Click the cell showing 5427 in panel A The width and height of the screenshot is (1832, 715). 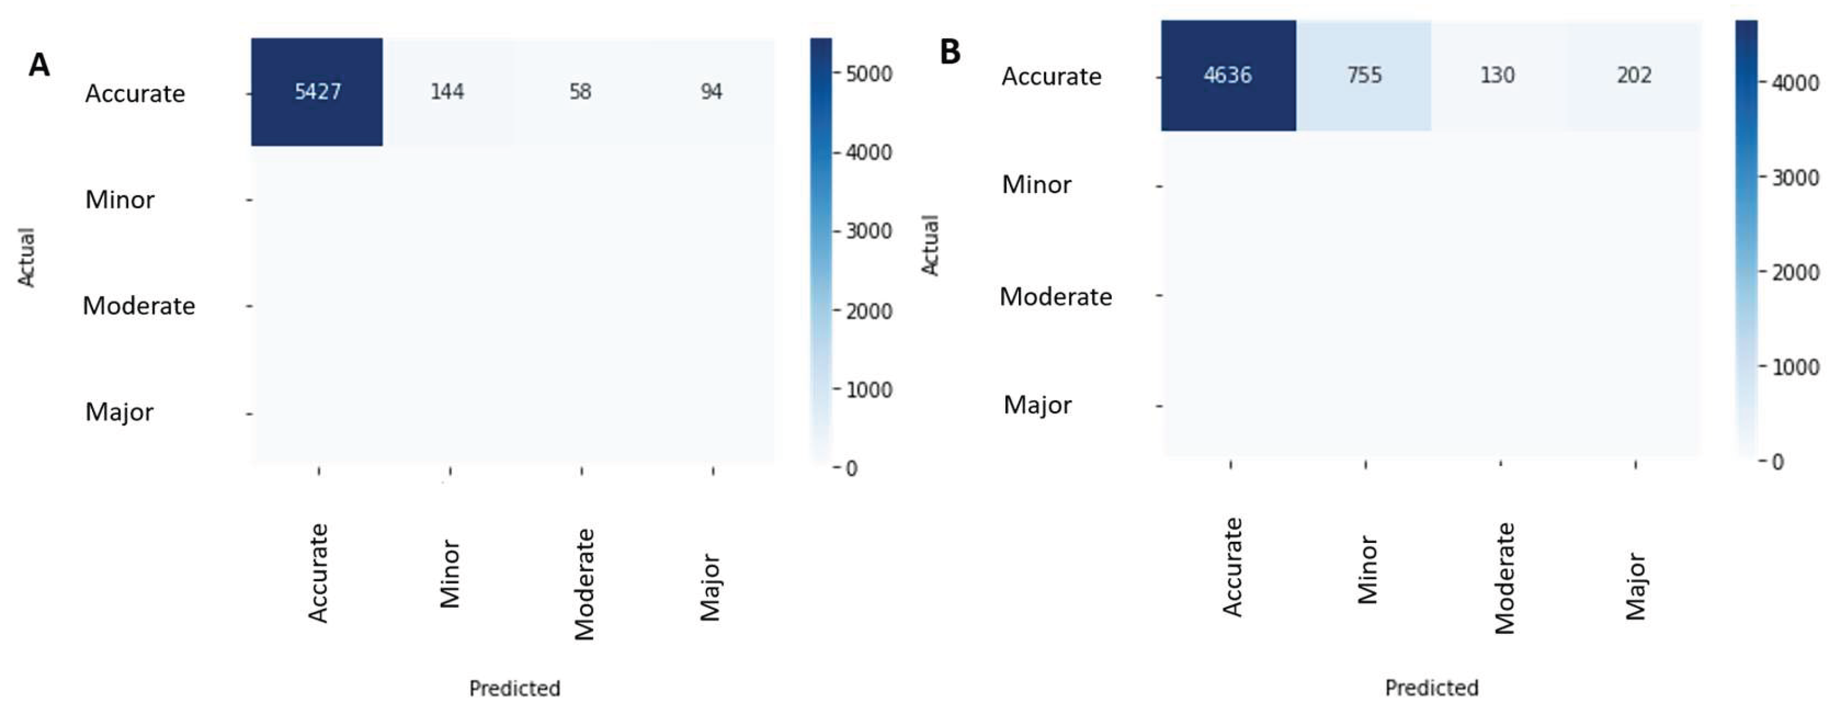click(x=317, y=92)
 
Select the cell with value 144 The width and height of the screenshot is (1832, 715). click(x=447, y=92)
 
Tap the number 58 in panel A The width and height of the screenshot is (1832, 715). click(x=580, y=92)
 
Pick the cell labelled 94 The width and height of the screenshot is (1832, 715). click(x=711, y=92)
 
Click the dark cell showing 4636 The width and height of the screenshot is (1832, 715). click(x=1227, y=75)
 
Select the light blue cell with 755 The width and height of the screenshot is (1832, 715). click(x=1364, y=75)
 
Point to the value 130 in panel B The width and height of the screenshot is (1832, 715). click(x=1497, y=75)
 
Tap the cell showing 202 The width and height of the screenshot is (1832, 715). click(x=1634, y=75)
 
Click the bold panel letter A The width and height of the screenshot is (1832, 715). click(x=39, y=65)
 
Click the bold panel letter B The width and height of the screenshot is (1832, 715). click(x=950, y=52)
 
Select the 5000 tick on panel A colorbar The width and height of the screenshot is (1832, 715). click(x=868, y=74)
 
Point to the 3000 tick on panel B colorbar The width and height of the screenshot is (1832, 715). click(x=1795, y=178)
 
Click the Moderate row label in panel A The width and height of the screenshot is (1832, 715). click(x=139, y=306)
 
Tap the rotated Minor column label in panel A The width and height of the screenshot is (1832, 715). click(x=450, y=573)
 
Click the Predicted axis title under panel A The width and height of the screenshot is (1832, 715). click(x=514, y=689)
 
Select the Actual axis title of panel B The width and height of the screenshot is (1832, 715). click(x=930, y=246)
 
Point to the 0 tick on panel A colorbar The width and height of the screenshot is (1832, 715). click(x=851, y=468)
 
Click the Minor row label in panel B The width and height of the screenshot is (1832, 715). click(x=1036, y=185)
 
